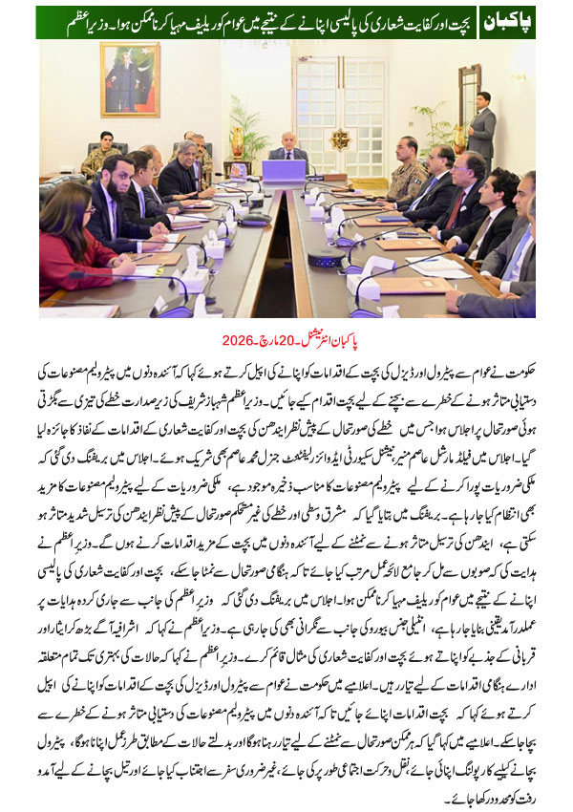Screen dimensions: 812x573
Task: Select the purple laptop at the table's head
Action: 284,171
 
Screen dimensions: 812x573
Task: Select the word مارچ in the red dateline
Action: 287,339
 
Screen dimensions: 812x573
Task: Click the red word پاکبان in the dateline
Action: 373,339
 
